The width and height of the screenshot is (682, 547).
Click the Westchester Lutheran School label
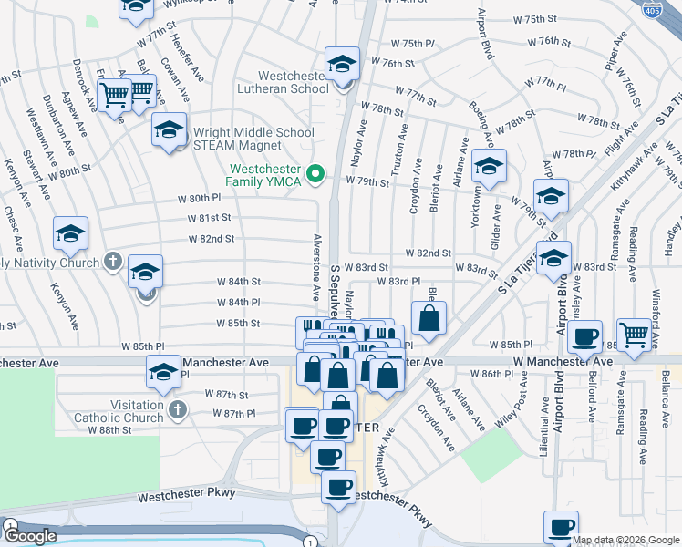pyautogui.click(x=281, y=82)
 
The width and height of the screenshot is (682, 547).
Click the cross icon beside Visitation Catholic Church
pyautogui.click(x=177, y=413)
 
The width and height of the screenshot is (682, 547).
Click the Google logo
pyautogui.click(x=30, y=536)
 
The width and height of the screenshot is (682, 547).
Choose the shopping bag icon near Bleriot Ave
pyautogui.click(x=429, y=319)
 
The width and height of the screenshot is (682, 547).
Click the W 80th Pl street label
pyautogui.click(x=204, y=197)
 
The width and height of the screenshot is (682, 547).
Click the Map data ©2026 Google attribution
pyautogui.click(x=626, y=540)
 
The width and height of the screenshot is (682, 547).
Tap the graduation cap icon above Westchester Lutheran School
pyautogui.click(x=343, y=64)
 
